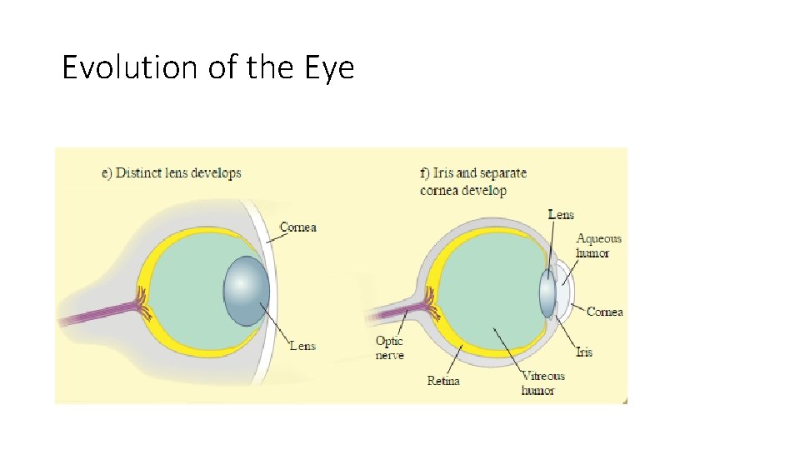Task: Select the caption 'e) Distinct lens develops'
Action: (x=171, y=173)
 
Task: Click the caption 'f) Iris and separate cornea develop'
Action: (x=473, y=182)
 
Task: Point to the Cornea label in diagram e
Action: (x=297, y=227)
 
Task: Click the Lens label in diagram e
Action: (x=302, y=345)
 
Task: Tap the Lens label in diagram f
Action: (x=561, y=215)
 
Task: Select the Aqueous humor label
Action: (x=598, y=246)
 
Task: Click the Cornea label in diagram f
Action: (x=604, y=312)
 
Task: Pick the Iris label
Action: (x=584, y=352)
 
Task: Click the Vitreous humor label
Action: (x=542, y=383)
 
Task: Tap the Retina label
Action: (x=442, y=381)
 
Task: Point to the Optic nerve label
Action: (x=389, y=348)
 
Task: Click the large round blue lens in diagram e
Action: (x=247, y=290)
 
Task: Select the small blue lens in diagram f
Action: (x=547, y=292)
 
